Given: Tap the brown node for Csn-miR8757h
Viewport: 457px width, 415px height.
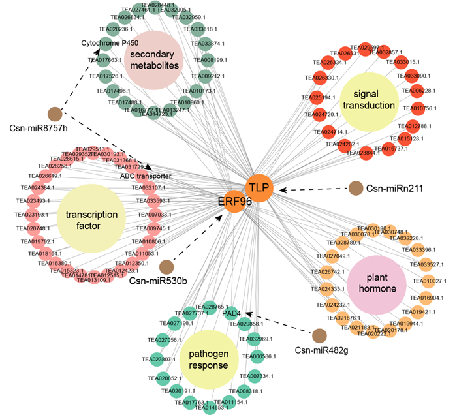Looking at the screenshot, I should (54, 114).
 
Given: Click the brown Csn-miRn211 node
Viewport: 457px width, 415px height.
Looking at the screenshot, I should (355, 189).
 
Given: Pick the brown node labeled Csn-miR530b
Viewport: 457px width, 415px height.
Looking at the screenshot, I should (166, 266).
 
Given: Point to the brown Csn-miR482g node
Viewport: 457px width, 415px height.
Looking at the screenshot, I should (319, 335).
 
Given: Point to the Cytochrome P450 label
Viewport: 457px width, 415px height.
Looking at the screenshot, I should (110, 44).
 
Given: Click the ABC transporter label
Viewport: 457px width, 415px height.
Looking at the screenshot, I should (146, 176).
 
